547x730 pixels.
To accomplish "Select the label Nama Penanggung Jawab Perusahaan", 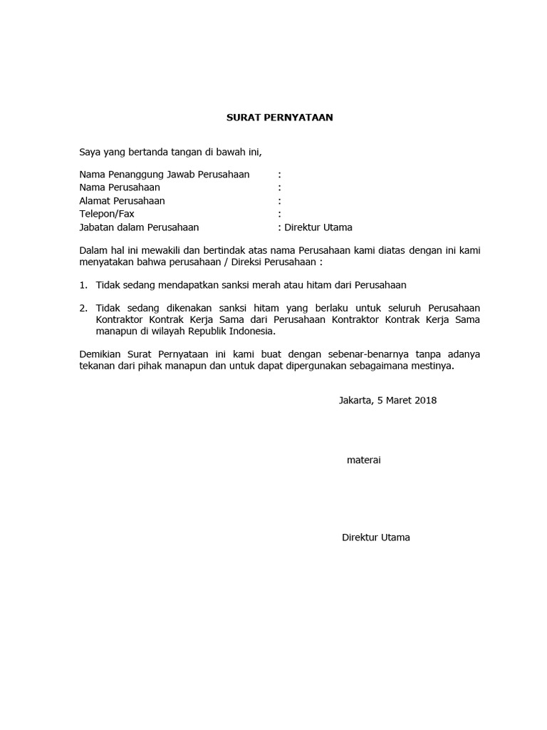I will pyautogui.click(x=165, y=175).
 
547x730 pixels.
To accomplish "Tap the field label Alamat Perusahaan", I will pyautogui.click(x=122, y=201).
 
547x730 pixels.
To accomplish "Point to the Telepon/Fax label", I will pyautogui.click(x=107, y=214).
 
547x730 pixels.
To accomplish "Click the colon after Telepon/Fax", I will pyautogui.click(x=279, y=214).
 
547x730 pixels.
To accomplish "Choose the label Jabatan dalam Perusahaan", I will pyautogui.click(x=139, y=227).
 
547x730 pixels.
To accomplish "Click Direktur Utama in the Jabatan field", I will pyautogui.click(x=318, y=227).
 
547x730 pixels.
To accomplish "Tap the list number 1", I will pyautogui.click(x=83, y=285).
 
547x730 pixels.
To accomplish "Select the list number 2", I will pyautogui.click(x=83, y=308).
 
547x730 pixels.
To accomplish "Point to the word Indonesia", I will pyautogui.click(x=250, y=331).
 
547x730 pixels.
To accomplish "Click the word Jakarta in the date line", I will pyautogui.click(x=355, y=400).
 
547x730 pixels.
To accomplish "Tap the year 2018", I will pyautogui.click(x=424, y=400).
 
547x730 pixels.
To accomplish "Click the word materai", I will pyautogui.click(x=363, y=461).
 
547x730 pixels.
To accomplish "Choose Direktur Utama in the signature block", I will pyautogui.click(x=375, y=538).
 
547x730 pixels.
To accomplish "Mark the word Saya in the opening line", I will pyautogui.click(x=90, y=152).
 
